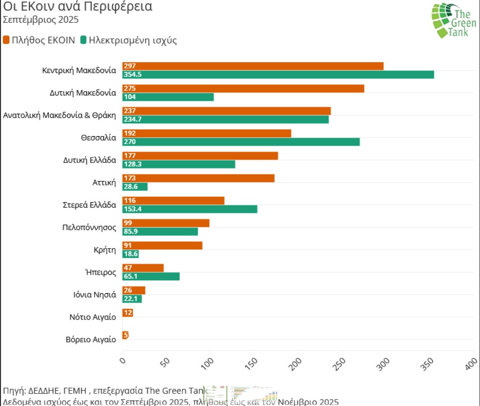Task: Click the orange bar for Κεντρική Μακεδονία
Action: pos(253,66)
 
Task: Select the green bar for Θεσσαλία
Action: pos(241,142)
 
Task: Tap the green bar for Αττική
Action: pos(135,187)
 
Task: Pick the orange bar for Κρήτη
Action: pos(162,245)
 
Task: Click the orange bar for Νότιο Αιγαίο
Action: pos(128,313)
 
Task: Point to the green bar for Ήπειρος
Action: pos(151,277)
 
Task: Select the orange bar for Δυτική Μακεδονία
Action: pos(243,88)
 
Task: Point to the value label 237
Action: pos(130,111)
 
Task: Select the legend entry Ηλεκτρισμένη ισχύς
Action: pos(128,40)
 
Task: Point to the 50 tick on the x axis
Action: pos(166,362)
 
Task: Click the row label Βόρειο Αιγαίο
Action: pos(91,339)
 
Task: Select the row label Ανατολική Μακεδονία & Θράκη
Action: pos(60,115)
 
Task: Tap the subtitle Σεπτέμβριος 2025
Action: pos(34,20)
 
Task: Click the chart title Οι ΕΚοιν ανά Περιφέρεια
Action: pos(78,7)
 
